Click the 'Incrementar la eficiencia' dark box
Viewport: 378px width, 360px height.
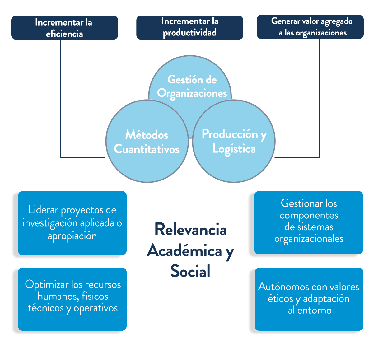pyautogui.click(x=64, y=28)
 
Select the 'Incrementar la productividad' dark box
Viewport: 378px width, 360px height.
pyautogui.click(x=189, y=27)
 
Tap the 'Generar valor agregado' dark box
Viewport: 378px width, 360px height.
pyautogui.click(x=310, y=27)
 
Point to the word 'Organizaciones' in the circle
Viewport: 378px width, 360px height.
pyautogui.click(x=192, y=93)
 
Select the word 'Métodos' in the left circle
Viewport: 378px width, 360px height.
pyautogui.click(x=147, y=135)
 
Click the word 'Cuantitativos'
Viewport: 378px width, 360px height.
pyautogui.click(x=147, y=149)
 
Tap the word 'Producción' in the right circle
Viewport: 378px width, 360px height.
pyautogui.click(x=230, y=134)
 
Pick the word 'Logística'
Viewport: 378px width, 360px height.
pyautogui.click(x=234, y=149)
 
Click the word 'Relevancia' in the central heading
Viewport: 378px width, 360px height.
pyautogui.click(x=190, y=230)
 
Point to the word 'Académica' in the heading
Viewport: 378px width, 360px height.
pyautogui.click(x=184, y=251)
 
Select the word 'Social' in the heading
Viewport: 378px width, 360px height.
pyautogui.click(x=190, y=271)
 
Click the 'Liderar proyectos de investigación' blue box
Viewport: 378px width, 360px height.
pyautogui.click(x=72, y=223)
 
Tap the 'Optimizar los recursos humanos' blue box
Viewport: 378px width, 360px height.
pyautogui.click(x=72, y=299)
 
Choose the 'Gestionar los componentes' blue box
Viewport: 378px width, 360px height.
pyautogui.click(x=308, y=222)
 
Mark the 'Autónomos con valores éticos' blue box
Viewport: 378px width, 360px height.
pyautogui.click(x=309, y=299)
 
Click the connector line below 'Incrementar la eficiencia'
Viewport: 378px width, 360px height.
pyautogui.click(x=60, y=100)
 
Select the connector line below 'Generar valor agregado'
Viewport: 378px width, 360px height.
pyautogui.click(x=319, y=100)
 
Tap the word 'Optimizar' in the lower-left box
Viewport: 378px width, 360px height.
pyautogui.click(x=47, y=285)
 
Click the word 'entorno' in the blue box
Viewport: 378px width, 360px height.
pyautogui.click(x=314, y=311)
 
